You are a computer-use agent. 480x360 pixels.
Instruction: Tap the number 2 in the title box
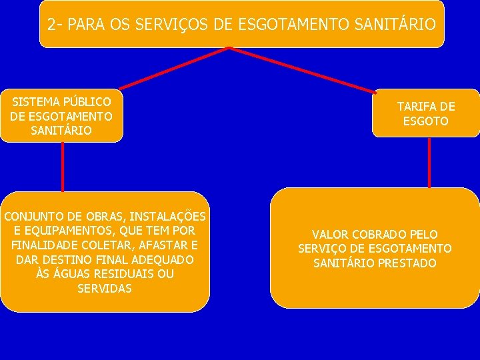[52, 25]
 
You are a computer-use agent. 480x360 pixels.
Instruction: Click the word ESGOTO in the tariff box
[426, 121]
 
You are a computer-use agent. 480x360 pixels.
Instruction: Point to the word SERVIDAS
[105, 289]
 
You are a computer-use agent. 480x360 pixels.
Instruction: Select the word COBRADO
[378, 235]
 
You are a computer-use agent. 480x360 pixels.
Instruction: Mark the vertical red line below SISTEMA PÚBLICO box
[62, 167]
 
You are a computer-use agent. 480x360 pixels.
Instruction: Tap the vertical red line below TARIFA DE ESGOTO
[429, 162]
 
